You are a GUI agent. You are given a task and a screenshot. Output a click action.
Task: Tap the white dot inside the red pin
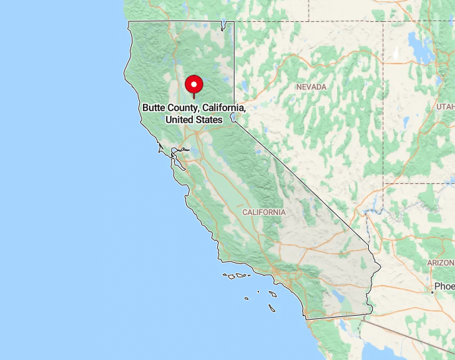tap(193, 84)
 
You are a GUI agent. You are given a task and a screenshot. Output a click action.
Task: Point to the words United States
tap(193, 120)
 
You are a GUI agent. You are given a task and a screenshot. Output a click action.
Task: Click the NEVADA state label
tap(311, 87)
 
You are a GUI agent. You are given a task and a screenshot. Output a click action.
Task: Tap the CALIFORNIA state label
tap(264, 212)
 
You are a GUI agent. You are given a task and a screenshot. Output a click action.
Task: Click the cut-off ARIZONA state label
tap(441, 263)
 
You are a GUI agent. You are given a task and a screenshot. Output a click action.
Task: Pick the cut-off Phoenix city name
tap(444, 287)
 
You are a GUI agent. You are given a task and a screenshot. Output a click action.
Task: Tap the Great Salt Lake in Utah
tap(420, 48)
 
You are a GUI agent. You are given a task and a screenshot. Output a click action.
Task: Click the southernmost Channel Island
tap(272, 306)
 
